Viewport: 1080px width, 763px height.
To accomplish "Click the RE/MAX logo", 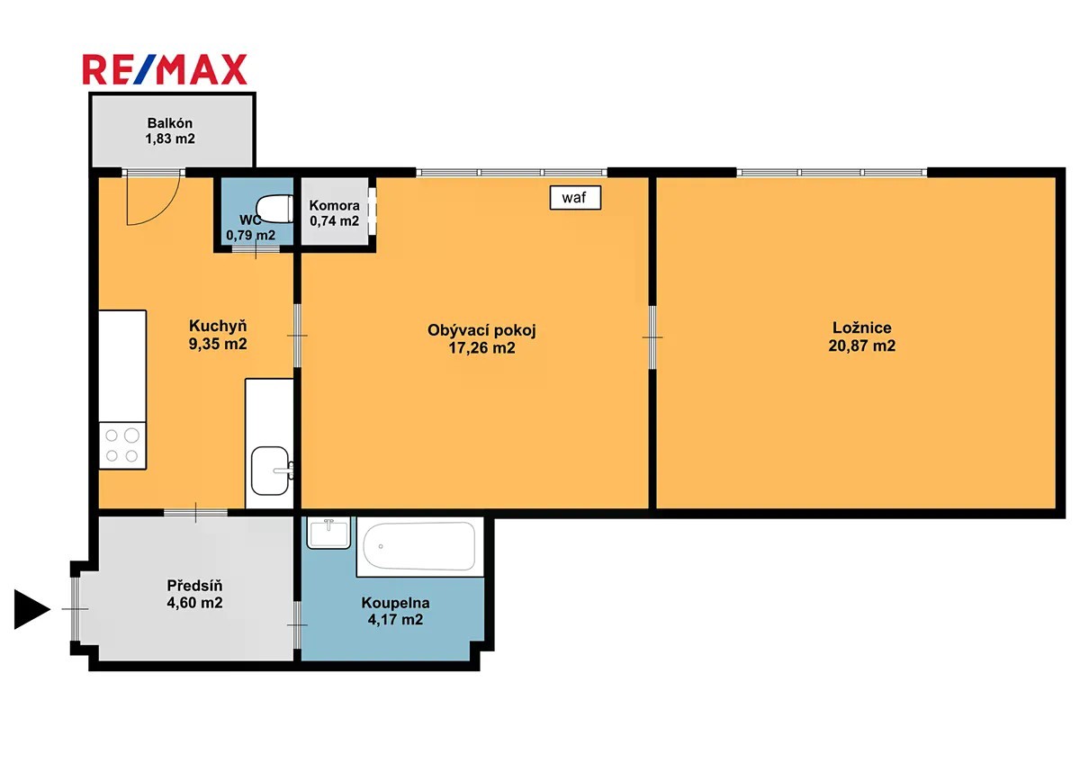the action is pos(165,69).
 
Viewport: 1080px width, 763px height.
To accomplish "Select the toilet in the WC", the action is pos(274,208).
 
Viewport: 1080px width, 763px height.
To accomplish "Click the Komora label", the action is pos(334,205).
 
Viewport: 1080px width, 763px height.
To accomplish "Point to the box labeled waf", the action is pos(575,198).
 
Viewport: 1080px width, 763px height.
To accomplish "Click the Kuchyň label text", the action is pos(218,326).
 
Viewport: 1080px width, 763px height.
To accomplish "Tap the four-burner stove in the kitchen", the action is pos(122,445).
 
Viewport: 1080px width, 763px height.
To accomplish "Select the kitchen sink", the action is pos(271,471).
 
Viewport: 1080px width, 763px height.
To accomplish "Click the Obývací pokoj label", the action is pos(481,330).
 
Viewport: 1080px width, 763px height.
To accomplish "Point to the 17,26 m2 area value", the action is pos(481,347).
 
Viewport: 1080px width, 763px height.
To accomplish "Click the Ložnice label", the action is pos(862,328).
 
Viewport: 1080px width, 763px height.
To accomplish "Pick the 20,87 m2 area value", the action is pos(862,346).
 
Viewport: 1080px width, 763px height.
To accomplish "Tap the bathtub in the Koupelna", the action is pos(419,546).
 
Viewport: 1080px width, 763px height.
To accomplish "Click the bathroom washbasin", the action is pos(328,533).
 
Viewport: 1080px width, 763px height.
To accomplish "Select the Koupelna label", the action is pos(395,603).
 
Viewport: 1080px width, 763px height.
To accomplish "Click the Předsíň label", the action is pos(194,586).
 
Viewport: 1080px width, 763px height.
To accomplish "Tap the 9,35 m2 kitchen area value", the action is pos(218,344).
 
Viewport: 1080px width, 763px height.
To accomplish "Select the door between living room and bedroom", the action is pos(652,337).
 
